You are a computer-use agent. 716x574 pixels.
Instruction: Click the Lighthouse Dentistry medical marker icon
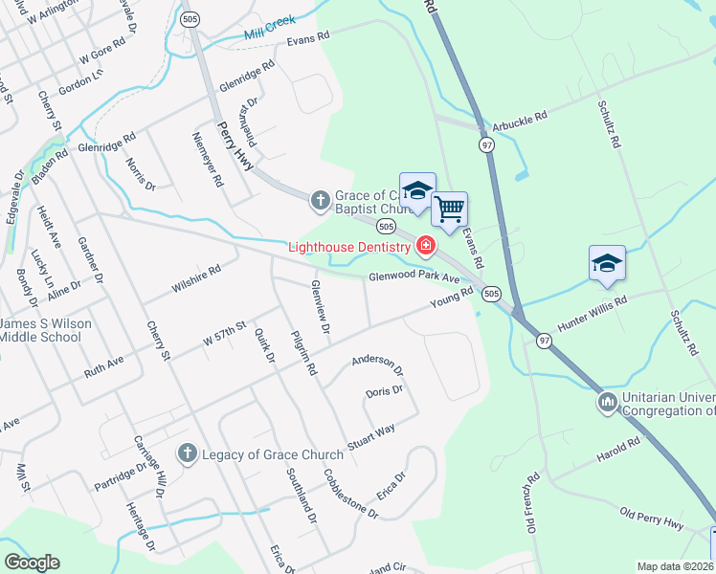(425, 248)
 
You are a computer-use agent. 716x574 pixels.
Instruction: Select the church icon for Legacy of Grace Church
(187, 453)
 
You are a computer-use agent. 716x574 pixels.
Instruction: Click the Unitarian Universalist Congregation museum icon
(607, 403)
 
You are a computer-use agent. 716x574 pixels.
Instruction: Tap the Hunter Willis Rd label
(592, 314)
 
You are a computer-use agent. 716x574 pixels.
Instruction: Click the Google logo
(31, 563)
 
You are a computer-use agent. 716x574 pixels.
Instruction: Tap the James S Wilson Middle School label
(46, 330)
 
